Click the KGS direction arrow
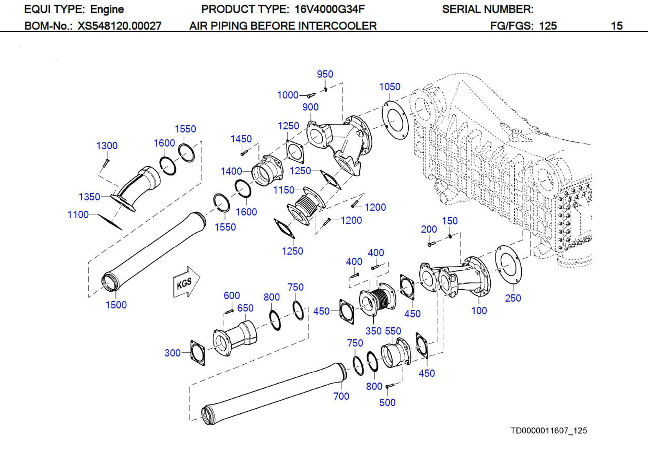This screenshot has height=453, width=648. tap(186, 282)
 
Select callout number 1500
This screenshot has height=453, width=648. tap(116, 305)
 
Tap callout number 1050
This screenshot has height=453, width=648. tap(390, 87)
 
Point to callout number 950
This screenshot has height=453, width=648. tap(325, 74)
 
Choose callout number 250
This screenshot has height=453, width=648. tap(513, 298)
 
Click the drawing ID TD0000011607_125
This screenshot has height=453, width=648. tap(548, 430)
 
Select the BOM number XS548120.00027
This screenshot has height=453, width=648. tap(119, 26)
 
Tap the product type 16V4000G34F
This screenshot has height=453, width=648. tap(329, 9)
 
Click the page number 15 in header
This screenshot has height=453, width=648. tap(616, 26)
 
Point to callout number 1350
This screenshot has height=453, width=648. tap(89, 197)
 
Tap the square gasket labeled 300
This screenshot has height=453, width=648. tap(198, 353)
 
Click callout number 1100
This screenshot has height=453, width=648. tap(78, 214)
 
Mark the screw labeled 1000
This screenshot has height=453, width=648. tap(311, 95)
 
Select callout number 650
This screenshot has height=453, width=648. tap(245, 308)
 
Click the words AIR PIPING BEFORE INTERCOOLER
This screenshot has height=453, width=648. tap(283, 26)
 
